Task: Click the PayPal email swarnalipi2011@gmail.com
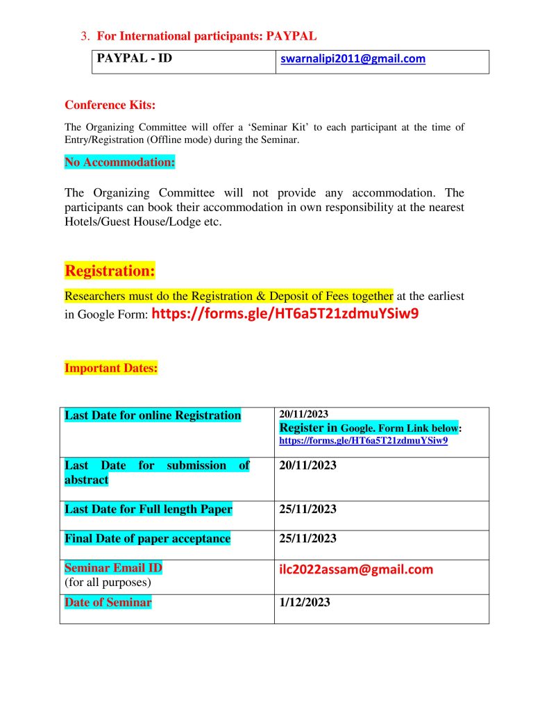click(x=353, y=59)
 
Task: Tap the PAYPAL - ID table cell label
click(x=135, y=59)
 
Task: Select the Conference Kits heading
click(x=110, y=105)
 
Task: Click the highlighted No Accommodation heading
click(x=119, y=162)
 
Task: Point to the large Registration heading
click(x=110, y=269)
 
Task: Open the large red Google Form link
click(x=285, y=313)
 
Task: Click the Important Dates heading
click(x=111, y=368)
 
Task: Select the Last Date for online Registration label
click(x=153, y=416)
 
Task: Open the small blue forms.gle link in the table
click(x=363, y=440)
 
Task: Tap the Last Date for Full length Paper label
click(x=149, y=510)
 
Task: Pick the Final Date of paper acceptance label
click(x=147, y=539)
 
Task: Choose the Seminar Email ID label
click(x=113, y=568)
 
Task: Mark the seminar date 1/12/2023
click(x=305, y=603)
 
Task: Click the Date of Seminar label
click(x=108, y=603)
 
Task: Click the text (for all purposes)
click(x=108, y=582)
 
